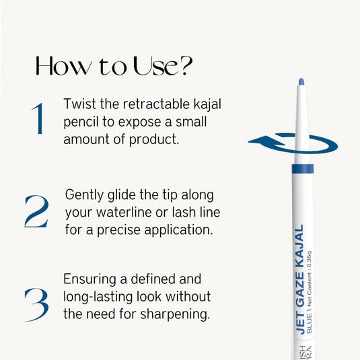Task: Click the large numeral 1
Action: [x=37, y=119]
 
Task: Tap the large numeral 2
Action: [x=36, y=211]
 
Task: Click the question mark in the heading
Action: [x=185, y=65]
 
